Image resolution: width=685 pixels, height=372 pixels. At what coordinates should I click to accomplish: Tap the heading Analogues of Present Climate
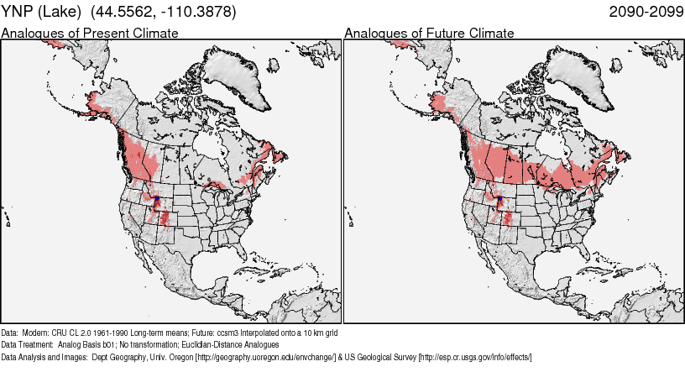(x=90, y=33)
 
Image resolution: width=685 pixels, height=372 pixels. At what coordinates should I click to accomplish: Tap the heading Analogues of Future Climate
(x=429, y=33)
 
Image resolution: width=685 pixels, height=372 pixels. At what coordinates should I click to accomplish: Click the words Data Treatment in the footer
(x=28, y=345)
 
